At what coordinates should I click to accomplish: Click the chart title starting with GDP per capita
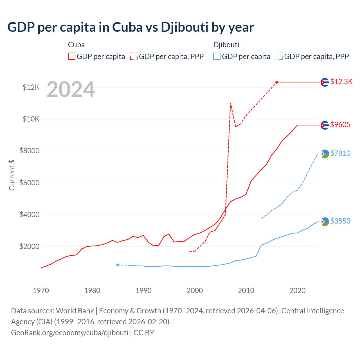pos(130,27)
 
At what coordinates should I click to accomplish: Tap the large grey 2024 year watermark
pos(71,89)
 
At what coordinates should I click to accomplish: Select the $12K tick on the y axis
pos(31,87)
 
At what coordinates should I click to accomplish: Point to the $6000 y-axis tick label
pos(30,183)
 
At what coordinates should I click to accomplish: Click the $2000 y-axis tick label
pos(30,247)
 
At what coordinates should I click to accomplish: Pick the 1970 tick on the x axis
pos(41,291)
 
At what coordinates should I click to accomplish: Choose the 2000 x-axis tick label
pos(195,291)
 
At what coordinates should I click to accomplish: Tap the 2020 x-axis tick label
pos(297,291)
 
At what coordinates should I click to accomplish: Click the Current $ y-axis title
pos(12,175)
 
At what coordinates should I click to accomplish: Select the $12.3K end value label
pos(341,82)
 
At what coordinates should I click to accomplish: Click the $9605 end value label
pos(340,125)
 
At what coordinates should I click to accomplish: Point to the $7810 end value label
pos(340,153)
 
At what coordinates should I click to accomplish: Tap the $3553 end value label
pos(340,221)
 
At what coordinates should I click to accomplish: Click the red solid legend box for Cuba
pos(72,56)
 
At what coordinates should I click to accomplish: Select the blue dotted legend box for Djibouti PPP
pos(279,56)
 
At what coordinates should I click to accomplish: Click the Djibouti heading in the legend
pos(226,45)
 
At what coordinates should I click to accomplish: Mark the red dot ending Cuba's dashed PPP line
pos(277,82)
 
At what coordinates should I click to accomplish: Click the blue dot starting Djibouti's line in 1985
pos(118,265)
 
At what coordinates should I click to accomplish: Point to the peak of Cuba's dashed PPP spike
pos(230,103)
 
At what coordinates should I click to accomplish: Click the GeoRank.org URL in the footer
pos(69,332)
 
